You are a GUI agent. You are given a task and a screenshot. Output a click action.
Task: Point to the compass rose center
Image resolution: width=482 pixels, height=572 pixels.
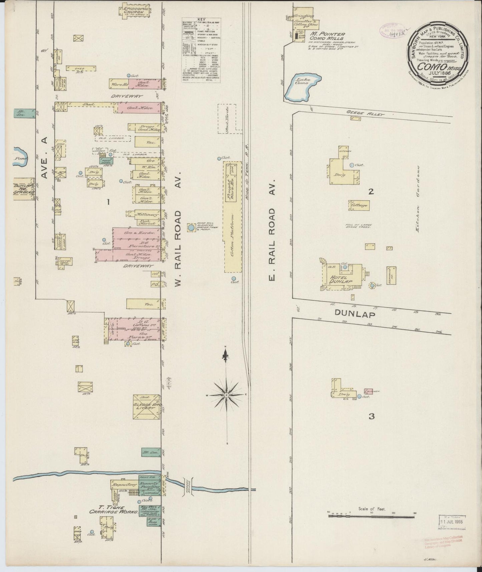[226, 395]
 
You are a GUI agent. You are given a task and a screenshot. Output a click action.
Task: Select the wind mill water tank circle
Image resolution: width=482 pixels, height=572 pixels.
[191, 228]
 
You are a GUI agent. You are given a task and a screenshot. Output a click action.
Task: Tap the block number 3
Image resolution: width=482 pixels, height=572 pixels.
[371, 416]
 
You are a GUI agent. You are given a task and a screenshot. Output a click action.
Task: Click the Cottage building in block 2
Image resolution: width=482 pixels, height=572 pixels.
[359, 205]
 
